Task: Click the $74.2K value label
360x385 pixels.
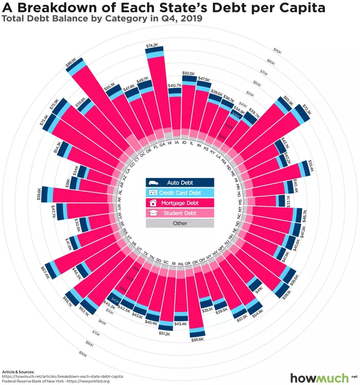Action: coord(152,45)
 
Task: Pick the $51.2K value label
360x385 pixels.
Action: coord(165,333)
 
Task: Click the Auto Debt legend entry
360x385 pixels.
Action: coord(180,183)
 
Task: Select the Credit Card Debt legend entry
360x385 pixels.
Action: coord(180,193)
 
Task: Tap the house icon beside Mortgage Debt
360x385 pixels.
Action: coord(153,203)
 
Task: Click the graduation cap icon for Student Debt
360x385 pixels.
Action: coord(153,213)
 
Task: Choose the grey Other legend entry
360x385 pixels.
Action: coord(180,223)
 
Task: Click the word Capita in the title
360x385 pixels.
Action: coord(298,8)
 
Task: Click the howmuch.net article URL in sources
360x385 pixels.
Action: coord(62,376)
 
